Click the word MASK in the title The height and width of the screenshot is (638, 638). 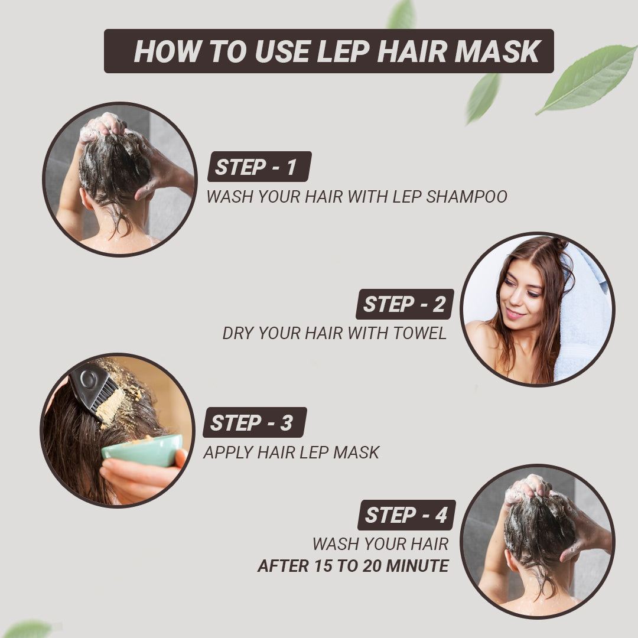(498, 51)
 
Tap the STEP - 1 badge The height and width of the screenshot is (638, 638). (259, 167)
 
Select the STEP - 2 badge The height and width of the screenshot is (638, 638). (405, 304)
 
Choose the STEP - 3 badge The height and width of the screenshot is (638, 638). (255, 422)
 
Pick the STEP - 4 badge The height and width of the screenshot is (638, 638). (406, 515)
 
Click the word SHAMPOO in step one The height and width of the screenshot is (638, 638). (467, 197)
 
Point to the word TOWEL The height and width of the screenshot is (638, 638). (419, 333)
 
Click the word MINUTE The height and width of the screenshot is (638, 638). (417, 565)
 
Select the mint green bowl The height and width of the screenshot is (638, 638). (142, 450)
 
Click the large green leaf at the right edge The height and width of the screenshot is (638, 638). (587, 79)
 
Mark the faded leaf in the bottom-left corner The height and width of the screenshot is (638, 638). (28, 629)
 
